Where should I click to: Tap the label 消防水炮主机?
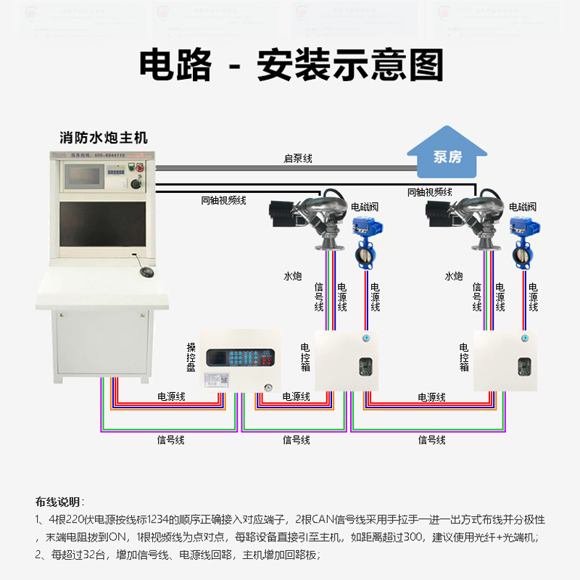pyautogui.click(x=103, y=136)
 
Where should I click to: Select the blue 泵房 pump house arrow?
pyautogui.click(x=447, y=153)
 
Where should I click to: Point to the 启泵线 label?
pyautogui.click(x=297, y=158)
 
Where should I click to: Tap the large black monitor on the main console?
pyautogui.click(x=101, y=228)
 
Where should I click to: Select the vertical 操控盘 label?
pyautogui.click(x=191, y=357)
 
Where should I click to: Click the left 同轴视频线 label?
pyautogui.click(x=223, y=200)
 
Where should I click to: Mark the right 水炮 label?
pyautogui.click(x=454, y=276)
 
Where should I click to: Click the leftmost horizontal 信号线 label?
pyautogui.click(x=171, y=440)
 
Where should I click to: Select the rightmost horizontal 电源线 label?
pyautogui.click(x=432, y=397)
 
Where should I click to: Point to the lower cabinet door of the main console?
pyautogui.click(x=101, y=347)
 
